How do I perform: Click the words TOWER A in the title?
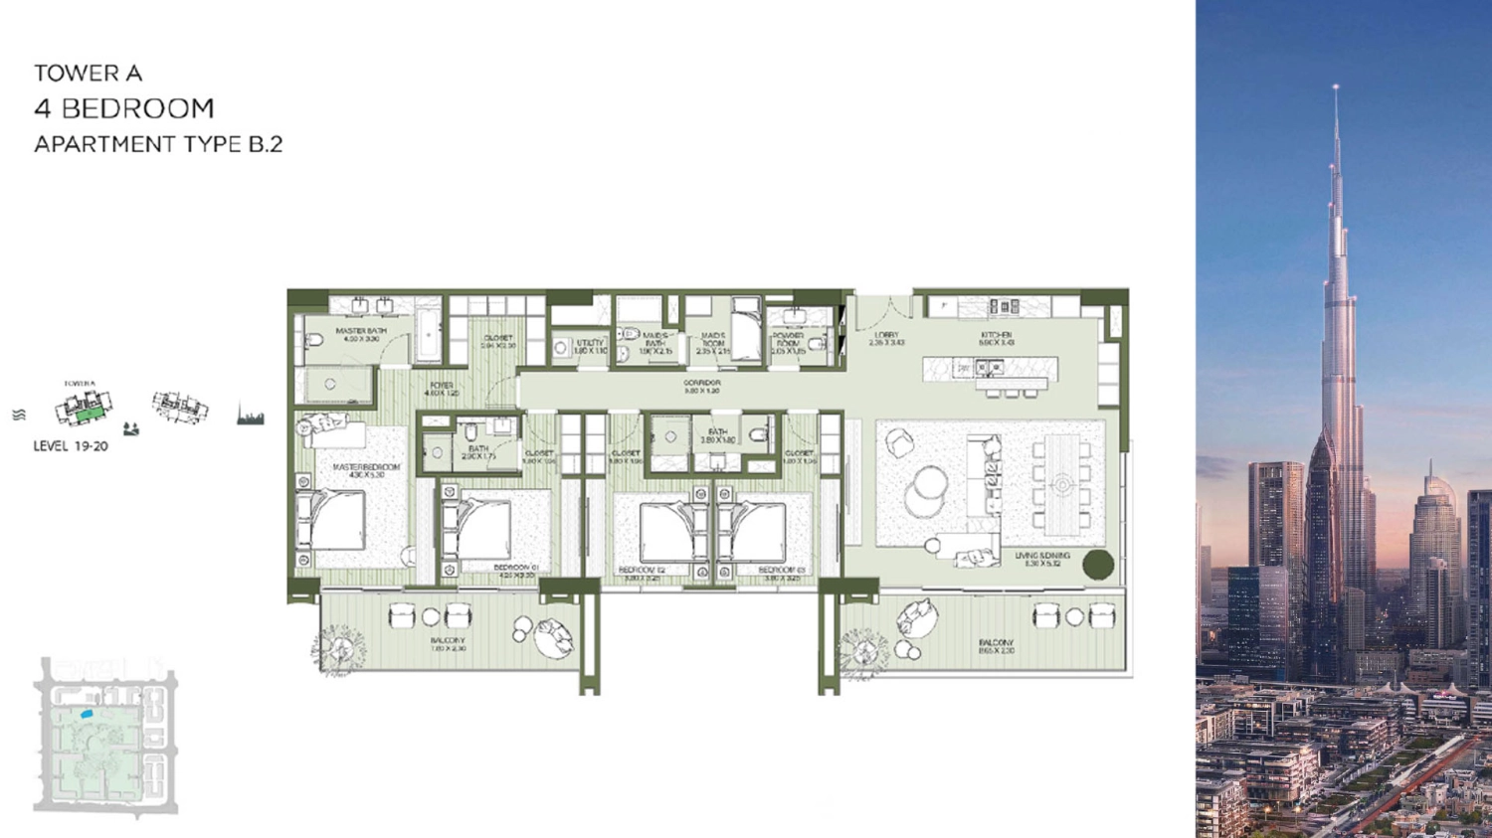89,73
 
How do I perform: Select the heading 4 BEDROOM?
124,107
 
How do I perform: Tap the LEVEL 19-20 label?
71,446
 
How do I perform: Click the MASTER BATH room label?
360,333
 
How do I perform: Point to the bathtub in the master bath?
428,335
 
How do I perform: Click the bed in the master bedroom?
335,519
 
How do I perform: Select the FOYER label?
442,388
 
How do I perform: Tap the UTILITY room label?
590,345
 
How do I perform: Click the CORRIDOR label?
701,386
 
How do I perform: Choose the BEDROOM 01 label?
515,571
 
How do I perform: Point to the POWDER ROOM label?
788,342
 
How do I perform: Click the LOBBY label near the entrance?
886,338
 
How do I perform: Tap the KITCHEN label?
996,338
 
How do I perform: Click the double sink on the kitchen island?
989,368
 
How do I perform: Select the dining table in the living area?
1061,484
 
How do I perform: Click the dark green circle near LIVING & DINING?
1098,564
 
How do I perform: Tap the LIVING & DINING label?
1042,559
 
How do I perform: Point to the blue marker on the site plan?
87,714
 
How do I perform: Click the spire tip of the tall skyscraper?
1336,87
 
